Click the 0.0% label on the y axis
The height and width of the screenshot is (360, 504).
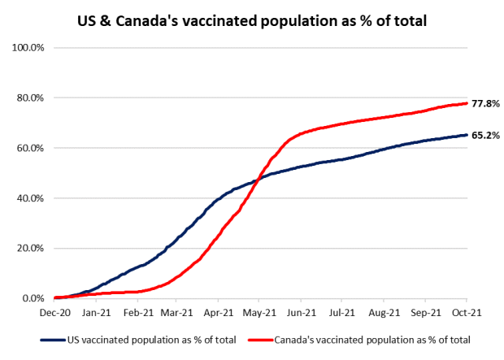point(35,299)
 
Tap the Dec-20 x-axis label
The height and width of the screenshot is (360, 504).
point(55,311)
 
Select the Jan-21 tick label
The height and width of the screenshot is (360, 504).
point(96,311)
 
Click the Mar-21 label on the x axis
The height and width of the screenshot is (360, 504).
point(176,311)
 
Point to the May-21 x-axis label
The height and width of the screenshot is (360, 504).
point(259,311)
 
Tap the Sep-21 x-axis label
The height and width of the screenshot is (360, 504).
point(424,311)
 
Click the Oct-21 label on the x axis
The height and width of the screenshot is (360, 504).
point(465,311)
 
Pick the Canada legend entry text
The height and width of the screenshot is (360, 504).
point(372,340)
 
